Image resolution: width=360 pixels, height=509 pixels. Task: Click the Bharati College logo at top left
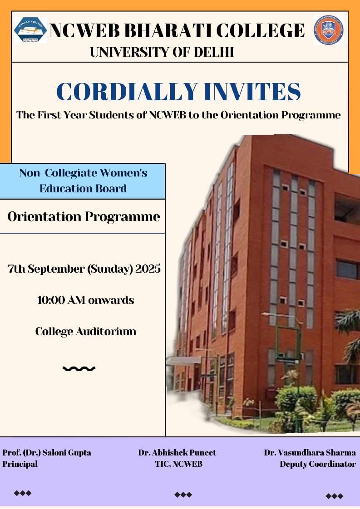(x=30, y=30)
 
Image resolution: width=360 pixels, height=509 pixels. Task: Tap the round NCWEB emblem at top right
(x=329, y=30)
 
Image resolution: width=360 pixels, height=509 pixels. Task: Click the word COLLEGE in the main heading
(x=260, y=31)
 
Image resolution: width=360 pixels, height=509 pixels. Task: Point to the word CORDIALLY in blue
(x=127, y=92)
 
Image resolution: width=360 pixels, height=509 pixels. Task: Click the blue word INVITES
(x=253, y=92)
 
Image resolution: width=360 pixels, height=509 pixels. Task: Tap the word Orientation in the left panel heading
(x=44, y=216)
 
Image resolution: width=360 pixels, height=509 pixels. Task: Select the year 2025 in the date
(x=148, y=269)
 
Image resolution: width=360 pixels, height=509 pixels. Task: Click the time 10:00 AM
(x=61, y=300)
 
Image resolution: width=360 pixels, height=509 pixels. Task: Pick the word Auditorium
(x=106, y=332)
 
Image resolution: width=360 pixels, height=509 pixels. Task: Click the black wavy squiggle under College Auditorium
(x=79, y=368)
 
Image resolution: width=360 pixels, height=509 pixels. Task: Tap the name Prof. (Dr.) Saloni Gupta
(x=47, y=453)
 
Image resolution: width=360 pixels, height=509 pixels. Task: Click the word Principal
(x=20, y=464)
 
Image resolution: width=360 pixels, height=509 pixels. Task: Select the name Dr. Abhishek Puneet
(x=177, y=453)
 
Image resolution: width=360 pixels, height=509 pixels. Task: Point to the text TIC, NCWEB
(x=179, y=464)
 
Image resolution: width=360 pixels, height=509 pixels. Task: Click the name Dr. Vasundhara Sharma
(x=310, y=452)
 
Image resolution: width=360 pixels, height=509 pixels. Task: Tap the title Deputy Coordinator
(x=318, y=464)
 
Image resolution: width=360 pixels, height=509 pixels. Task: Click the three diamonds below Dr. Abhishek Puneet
(x=183, y=495)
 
